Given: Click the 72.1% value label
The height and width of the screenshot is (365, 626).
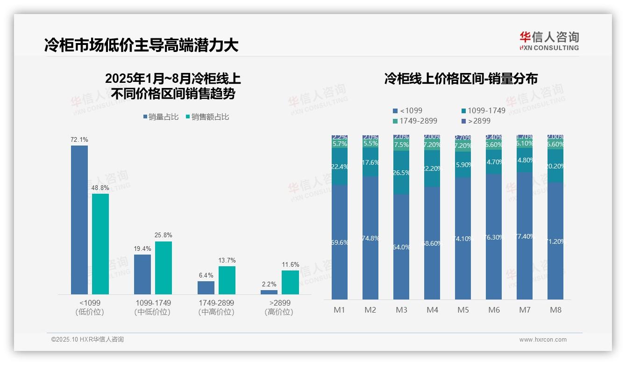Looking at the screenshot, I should coord(79,140).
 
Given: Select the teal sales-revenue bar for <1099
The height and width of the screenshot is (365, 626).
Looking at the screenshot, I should coord(100,243).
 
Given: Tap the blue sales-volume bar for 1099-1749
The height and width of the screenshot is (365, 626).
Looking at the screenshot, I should coord(142,274).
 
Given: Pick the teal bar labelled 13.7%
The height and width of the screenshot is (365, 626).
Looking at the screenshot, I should coord(227,280).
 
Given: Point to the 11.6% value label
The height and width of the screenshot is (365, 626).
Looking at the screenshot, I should coord(290,265).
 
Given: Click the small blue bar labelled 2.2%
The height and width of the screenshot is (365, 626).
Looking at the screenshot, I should coord(269,292).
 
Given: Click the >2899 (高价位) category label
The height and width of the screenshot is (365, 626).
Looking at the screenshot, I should coord(279,307).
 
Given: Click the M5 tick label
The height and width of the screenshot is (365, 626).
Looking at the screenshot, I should coord(463,310).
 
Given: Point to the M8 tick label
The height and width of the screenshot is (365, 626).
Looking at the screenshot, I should coord(555,310).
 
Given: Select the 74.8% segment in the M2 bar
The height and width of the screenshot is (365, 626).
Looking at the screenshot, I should coord(370,238).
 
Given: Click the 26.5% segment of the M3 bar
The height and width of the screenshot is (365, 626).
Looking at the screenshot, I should coord(401,173).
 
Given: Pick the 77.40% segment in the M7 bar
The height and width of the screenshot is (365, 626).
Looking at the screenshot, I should coord(525,236).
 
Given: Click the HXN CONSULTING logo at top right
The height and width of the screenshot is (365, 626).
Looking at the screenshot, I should coord(549,41).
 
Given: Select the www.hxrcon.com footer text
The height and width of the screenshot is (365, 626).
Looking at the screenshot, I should coord(543,340).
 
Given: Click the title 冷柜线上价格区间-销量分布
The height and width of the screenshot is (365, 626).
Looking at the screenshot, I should coord(461,79).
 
